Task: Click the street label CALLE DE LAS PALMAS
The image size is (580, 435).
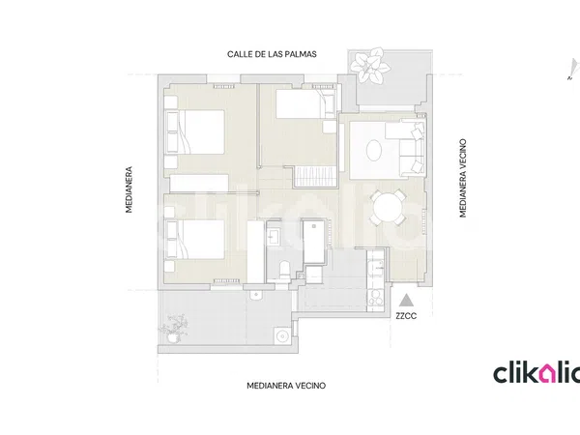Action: pos(272,54)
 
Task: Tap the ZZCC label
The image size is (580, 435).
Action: pos(406,316)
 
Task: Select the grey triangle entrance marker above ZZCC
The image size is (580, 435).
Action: pos(407,300)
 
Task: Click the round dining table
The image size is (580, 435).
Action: pos(388,207)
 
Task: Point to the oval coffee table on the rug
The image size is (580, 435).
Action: pos(374,150)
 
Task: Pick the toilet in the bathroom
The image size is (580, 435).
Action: pos(285,270)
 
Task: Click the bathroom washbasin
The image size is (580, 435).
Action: pos(275,237)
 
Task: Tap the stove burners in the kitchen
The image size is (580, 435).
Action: pos(376,298)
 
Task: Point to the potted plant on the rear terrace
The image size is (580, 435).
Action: pos(173,329)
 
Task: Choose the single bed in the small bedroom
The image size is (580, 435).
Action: pos(305,105)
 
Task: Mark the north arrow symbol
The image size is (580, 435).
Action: pos(573,69)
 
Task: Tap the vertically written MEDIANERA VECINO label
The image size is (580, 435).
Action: pos(463,178)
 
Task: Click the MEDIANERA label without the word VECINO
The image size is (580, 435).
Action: pos(129,189)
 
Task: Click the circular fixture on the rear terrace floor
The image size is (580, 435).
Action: pos(282,335)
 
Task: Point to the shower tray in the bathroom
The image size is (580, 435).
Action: pos(313,242)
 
